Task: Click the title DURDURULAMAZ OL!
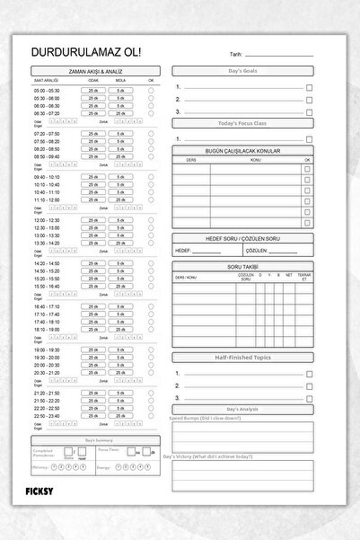pyautogui.click(x=78, y=54)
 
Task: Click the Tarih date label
pyautogui.click(x=235, y=56)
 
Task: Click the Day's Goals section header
pyautogui.click(x=241, y=69)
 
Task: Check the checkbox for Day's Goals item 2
pyautogui.click(x=309, y=100)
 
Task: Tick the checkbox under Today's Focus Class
pyautogui.click(x=309, y=139)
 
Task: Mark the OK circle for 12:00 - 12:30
pyautogui.click(x=151, y=219)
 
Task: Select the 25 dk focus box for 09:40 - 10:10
pyautogui.click(x=93, y=176)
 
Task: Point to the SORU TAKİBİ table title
pyautogui.click(x=241, y=267)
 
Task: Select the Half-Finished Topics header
pyautogui.click(x=241, y=358)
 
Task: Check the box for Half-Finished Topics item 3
pyautogui.click(x=309, y=398)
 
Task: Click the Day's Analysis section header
pyautogui.click(x=241, y=410)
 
